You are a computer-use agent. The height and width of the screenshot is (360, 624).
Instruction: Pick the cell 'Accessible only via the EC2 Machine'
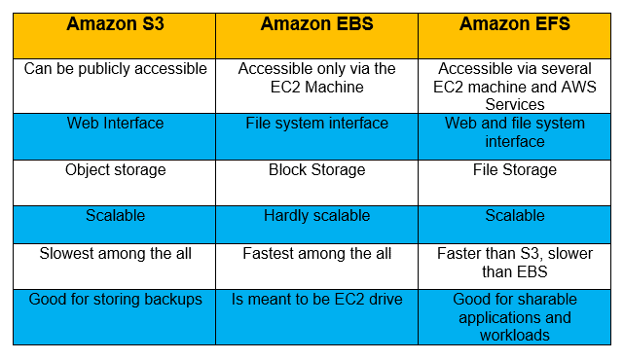(316, 77)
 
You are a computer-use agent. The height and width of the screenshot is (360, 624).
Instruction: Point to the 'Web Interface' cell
(116, 124)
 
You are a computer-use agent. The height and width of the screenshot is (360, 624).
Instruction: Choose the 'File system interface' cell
(316, 124)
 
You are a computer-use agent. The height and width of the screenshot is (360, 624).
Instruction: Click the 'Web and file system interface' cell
(515, 131)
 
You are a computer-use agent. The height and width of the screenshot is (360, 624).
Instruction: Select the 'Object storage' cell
(116, 169)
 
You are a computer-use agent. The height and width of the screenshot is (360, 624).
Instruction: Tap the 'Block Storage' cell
(316, 169)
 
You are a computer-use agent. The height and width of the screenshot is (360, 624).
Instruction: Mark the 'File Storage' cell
(515, 169)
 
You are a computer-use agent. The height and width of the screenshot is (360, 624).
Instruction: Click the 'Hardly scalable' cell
(316, 215)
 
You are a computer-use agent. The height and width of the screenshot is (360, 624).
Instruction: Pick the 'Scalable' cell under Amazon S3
(116, 215)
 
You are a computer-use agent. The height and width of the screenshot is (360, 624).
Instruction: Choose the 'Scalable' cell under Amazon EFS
(515, 215)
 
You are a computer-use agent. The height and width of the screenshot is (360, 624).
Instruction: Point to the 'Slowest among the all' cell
(116, 253)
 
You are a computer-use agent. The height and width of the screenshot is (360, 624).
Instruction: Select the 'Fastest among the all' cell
(316, 253)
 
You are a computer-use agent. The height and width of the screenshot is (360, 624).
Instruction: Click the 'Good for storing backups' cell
(116, 299)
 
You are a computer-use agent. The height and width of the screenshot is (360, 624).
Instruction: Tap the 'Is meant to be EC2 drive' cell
(316, 299)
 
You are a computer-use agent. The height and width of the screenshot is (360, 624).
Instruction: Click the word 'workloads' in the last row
(515, 334)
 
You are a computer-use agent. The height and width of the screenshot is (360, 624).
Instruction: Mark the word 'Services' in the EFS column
(515, 103)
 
